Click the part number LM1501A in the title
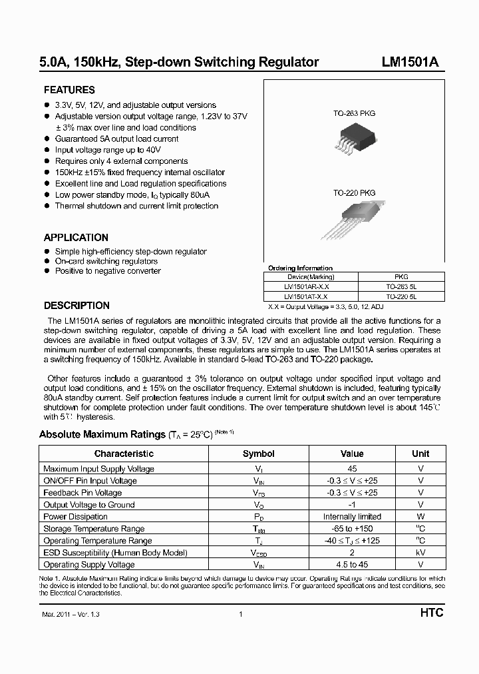point(409,63)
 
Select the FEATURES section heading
point(69,90)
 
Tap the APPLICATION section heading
point(76,237)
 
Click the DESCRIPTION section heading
point(77,306)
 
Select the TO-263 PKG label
point(354,114)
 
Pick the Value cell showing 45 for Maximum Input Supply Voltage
point(352,469)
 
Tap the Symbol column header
point(258,454)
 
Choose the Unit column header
point(420,454)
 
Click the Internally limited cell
point(352,517)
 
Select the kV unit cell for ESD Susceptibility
point(420,553)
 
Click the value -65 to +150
point(352,529)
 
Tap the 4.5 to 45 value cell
point(352,565)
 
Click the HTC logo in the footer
point(430,613)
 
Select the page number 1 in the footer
point(240,614)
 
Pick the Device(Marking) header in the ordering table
point(311,276)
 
